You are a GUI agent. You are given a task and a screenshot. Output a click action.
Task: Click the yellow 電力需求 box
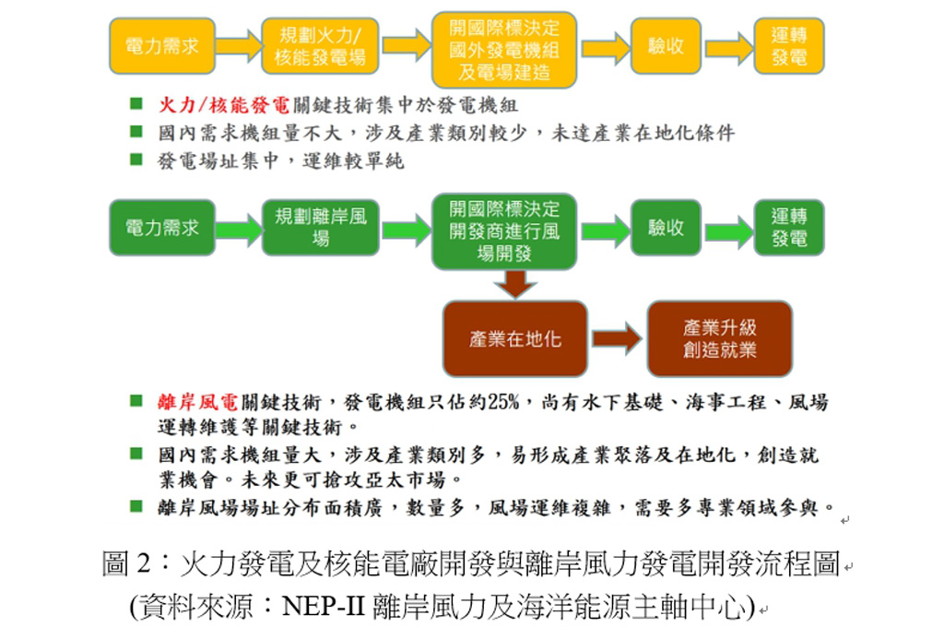[x=161, y=46]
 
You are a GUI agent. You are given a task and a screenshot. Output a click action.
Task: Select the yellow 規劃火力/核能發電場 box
[x=320, y=46]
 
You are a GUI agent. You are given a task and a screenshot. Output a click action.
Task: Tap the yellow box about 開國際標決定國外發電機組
[x=504, y=48]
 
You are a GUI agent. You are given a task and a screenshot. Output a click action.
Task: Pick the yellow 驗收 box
[x=665, y=46]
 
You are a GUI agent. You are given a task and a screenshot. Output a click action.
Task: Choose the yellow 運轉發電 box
[x=788, y=46]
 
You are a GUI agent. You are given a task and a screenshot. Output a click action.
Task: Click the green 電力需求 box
[x=161, y=228]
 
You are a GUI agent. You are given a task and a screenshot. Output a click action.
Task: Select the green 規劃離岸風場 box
[x=320, y=228]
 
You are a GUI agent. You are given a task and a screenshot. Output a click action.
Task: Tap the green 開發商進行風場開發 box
[x=504, y=231]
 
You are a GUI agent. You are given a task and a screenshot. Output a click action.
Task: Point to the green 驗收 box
[x=665, y=228]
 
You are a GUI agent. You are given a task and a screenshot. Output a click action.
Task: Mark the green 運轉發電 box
[x=788, y=228]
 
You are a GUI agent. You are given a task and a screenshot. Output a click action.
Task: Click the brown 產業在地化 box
[x=514, y=338]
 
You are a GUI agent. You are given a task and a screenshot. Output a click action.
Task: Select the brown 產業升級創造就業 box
[x=719, y=338]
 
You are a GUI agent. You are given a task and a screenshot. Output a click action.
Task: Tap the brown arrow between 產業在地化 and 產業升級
[x=616, y=338]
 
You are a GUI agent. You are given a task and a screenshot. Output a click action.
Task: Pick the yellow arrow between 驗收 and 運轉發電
[x=728, y=47]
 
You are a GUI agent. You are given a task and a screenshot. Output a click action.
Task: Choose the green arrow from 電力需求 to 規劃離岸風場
[x=239, y=229]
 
